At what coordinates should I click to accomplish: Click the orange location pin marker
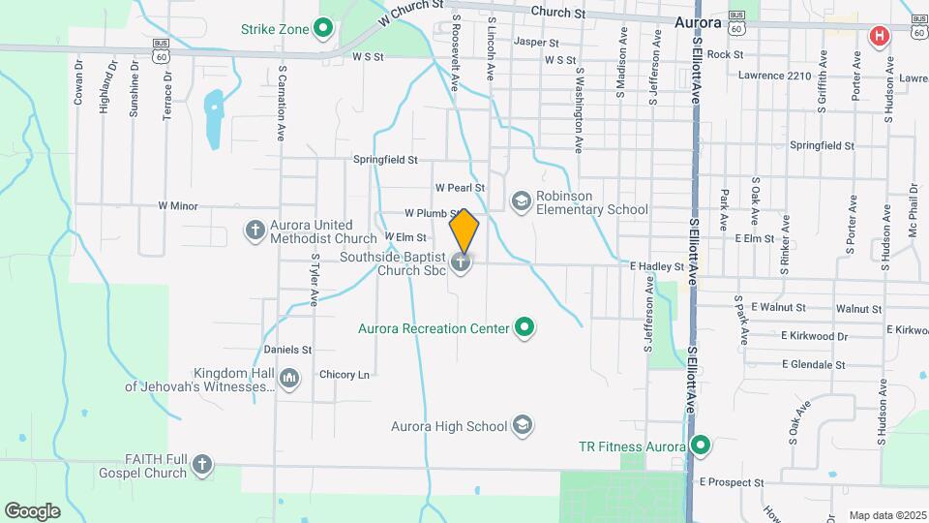coord(464,231)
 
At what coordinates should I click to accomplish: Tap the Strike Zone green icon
coord(325,28)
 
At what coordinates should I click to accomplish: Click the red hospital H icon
coord(879,37)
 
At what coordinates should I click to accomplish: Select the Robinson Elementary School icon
coord(521,200)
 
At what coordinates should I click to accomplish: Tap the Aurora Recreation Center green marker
coord(524,328)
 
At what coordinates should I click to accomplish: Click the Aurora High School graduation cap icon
coord(523,425)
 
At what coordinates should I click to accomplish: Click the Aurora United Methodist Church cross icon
coord(255,231)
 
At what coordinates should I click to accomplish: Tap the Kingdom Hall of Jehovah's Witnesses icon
coord(289,377)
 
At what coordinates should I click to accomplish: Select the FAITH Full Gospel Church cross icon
coord(202,465)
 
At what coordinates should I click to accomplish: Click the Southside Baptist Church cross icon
coord(463,261)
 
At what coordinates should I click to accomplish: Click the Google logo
coord(32,510)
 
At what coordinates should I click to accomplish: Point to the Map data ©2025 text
coord(886,515)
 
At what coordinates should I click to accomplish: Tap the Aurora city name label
coord(698,21)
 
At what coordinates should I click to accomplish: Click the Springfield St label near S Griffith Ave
coord(822,145)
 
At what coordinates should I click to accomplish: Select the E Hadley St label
coord(657,265)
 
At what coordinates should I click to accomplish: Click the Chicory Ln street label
coord(345,374)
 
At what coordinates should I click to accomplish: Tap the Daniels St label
coord(287,349)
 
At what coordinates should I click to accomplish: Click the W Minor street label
coord(177,205)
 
